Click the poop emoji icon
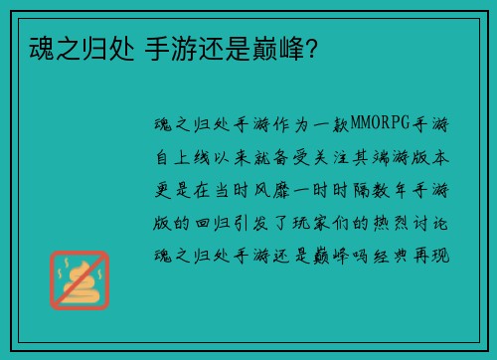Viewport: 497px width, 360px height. click(79, 279)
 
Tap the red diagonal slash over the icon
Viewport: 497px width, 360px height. click(79, 279)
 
